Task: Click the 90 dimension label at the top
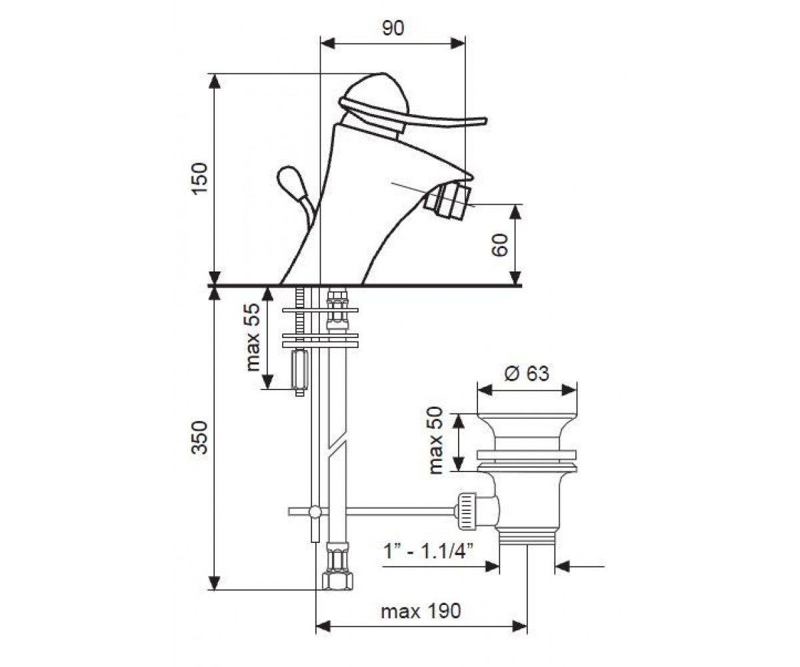point(393,29)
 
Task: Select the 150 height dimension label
point(199,179)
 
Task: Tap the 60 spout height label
point(499,245)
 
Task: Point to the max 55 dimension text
point(252,338)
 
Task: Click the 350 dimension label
point(199,438)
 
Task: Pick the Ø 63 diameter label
point(527,373)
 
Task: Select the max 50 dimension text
point(435,441)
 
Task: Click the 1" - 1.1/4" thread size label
point(428,552)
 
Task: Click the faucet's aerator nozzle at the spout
point(447,202)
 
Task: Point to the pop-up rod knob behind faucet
point(292,181)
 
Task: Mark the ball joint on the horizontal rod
point(315,512)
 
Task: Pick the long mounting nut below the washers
point(299,370)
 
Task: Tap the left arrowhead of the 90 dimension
point(327,43)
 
